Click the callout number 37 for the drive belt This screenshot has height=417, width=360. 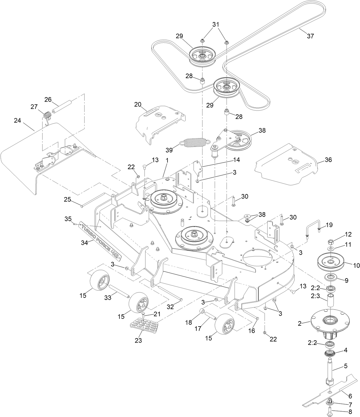tap(310, 36)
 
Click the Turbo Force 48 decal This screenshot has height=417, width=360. tap(100, 240)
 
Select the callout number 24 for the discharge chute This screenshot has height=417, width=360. tap(17, 120)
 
